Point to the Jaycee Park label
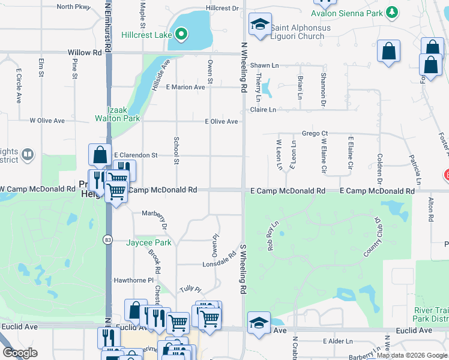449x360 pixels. [149, 242]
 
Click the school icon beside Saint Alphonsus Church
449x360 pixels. [259, 25]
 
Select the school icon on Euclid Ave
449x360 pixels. [259, 323]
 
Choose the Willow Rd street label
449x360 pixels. [85, 52]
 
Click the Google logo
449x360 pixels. [20, 353]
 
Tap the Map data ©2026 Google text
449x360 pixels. [412, 355]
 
